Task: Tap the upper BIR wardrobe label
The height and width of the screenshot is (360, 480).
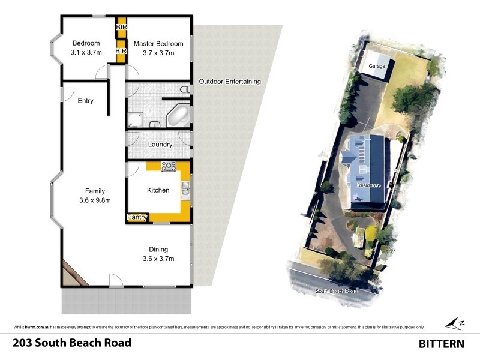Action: click(121, 27)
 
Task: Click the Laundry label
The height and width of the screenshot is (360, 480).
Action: click(160, 145)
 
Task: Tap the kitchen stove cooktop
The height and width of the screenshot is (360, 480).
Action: click(167, 165)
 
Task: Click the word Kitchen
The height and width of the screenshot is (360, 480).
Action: click(158, 190)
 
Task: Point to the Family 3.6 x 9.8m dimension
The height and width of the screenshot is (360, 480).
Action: click(95, 200)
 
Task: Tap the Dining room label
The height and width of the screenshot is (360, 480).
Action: click(158, 250)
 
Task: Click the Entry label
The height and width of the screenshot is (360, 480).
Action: click(85, 101)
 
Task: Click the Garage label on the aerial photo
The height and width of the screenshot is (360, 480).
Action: click(376, 65)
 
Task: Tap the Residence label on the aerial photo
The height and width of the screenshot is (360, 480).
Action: click(369, 185)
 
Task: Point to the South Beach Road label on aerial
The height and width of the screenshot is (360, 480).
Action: click(336, 291)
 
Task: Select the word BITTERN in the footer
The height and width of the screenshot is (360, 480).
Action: click(441, 344)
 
